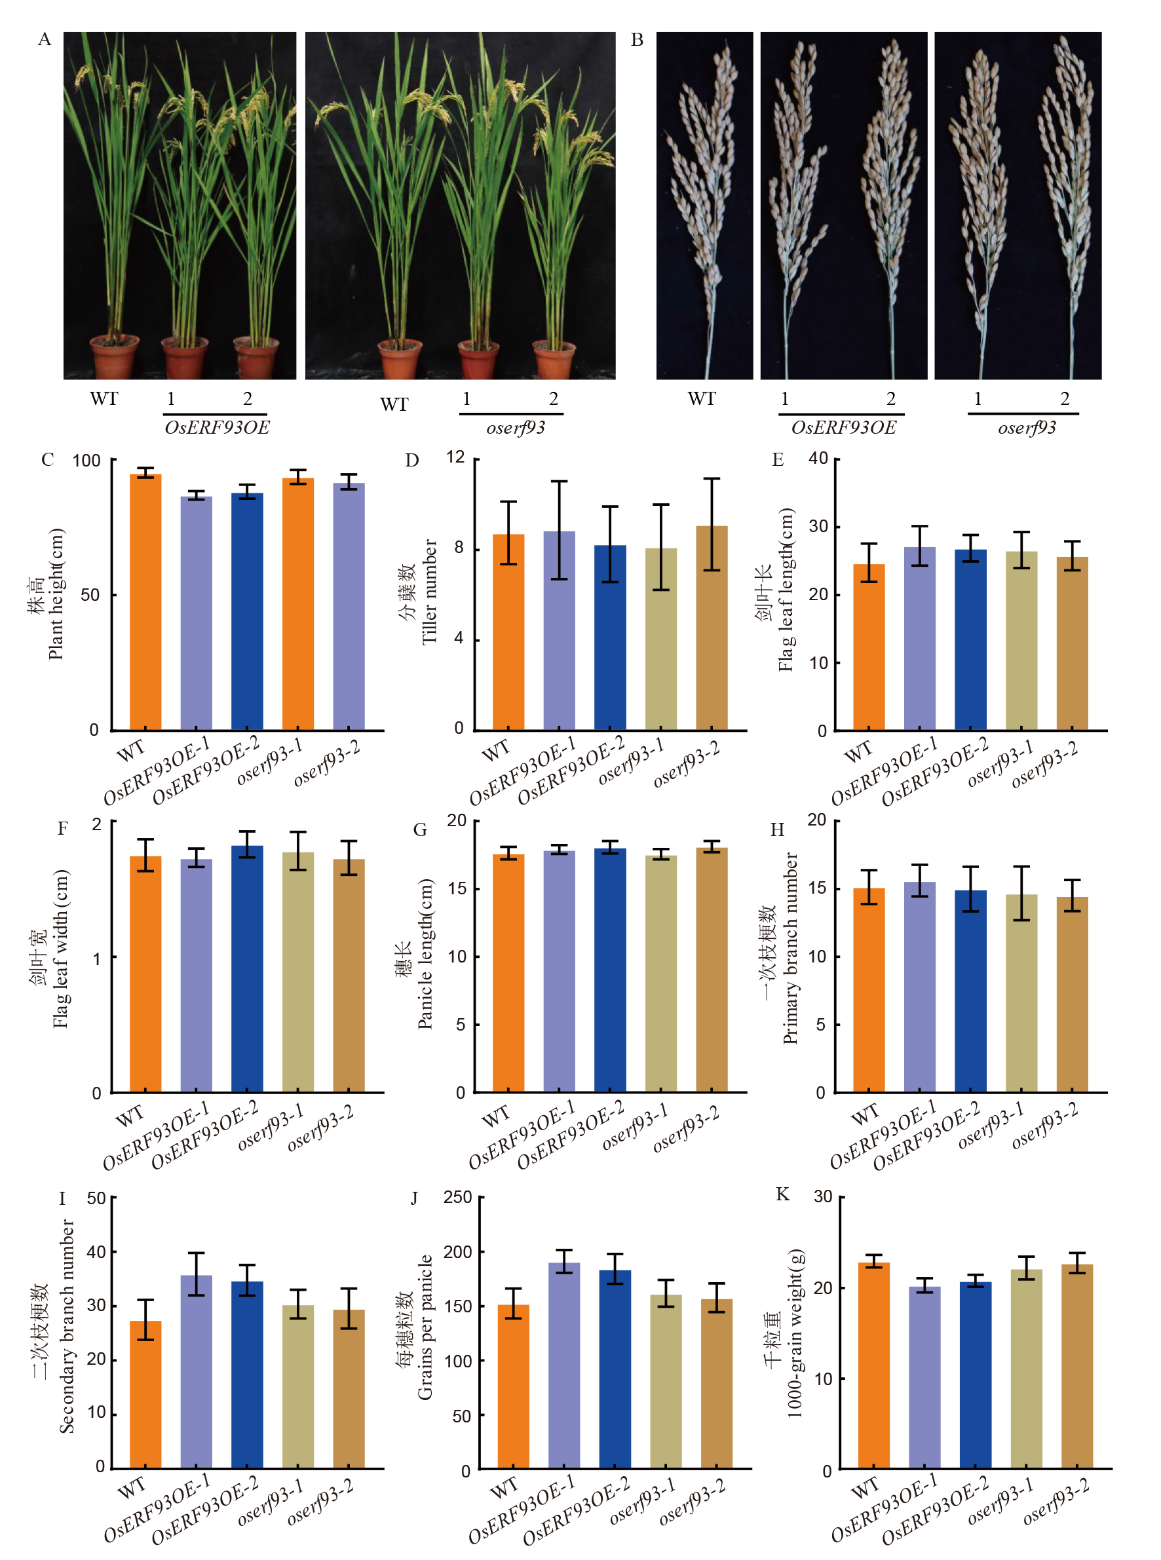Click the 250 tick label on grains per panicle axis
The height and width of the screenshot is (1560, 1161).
point(457,1197)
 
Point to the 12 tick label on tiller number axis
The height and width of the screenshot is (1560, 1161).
point(455,457)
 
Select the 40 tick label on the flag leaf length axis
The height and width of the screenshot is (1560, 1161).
point(818,458)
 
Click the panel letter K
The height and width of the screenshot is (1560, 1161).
point(782,1194)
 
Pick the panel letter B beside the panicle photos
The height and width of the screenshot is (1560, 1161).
point(637,40)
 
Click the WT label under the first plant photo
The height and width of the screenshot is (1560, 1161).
point(104,399)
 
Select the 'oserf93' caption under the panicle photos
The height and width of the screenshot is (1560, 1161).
point(1027,428)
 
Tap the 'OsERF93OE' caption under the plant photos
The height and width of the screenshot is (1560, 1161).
point(216,428)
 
